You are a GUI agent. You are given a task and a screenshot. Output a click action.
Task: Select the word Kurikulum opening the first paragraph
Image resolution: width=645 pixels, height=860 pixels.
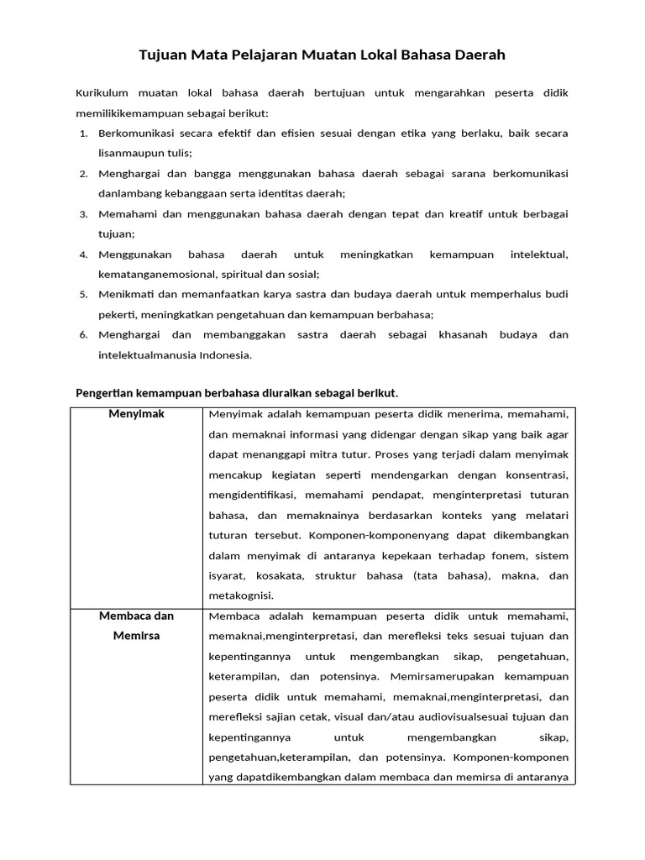click(101, 92)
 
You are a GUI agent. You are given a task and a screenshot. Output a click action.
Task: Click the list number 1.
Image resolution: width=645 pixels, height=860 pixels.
click(84, 134)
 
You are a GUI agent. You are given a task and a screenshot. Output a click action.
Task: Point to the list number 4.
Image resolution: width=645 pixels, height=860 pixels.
click(84, 254)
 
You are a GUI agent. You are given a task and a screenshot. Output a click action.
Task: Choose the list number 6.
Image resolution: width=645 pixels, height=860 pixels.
click(84, 335)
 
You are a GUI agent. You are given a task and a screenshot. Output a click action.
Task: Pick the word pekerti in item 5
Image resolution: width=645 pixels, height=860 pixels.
click(118, 314)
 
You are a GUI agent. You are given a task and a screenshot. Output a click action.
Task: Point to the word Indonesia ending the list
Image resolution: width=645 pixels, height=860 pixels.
click(225, 354)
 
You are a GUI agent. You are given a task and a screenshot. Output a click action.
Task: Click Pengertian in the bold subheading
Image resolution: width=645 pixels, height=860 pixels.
click(106, 393)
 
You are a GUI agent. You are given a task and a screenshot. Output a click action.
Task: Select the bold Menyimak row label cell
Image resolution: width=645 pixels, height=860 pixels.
click(136, 415)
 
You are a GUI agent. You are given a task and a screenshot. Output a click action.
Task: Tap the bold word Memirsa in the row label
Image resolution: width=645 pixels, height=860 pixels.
click(136, 636)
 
